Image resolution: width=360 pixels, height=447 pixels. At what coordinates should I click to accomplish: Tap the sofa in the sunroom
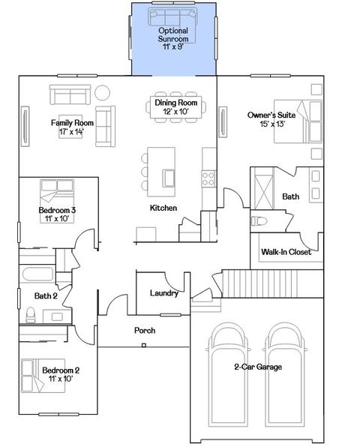(x=173, y=17)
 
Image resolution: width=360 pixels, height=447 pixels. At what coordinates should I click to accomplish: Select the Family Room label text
(x=72, y=127)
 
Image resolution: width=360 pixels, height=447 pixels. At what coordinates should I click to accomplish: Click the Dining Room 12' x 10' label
(x=175, y=107)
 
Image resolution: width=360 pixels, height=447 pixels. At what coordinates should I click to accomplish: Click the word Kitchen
(x=163, y=208)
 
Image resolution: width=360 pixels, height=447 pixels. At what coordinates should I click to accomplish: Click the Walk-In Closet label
(x=286, y=253)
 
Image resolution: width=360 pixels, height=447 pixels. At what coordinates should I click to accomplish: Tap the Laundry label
(x=163, y=293)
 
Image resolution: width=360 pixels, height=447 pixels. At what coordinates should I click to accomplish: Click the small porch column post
(x=143, y=346)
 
